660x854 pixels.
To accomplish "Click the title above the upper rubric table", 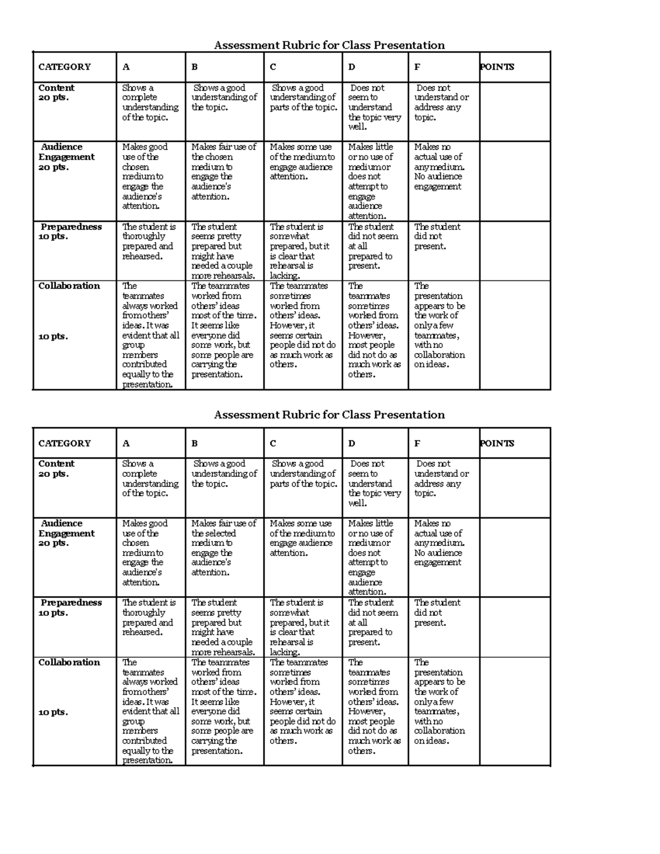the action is (329, 45).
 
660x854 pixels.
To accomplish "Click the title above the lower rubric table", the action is (329, 415).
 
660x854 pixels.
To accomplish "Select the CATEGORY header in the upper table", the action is (64, 67).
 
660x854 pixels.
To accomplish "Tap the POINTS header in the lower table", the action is (497, 443).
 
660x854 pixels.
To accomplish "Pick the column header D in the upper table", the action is (351, 67).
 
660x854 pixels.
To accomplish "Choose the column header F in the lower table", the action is (417, 443).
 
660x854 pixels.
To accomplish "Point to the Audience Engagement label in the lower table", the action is (66, 533).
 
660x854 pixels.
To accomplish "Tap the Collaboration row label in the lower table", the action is (69, 663).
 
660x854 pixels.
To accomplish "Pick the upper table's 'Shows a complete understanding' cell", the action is (150, 102).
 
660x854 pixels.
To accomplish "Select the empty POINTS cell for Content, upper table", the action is (514, 112).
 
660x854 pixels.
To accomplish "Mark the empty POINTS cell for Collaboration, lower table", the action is (514, 710).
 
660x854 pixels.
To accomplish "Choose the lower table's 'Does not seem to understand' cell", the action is (374, 483).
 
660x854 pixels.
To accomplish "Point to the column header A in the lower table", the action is (126, 443).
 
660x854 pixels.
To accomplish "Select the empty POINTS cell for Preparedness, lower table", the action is (514, 627).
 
